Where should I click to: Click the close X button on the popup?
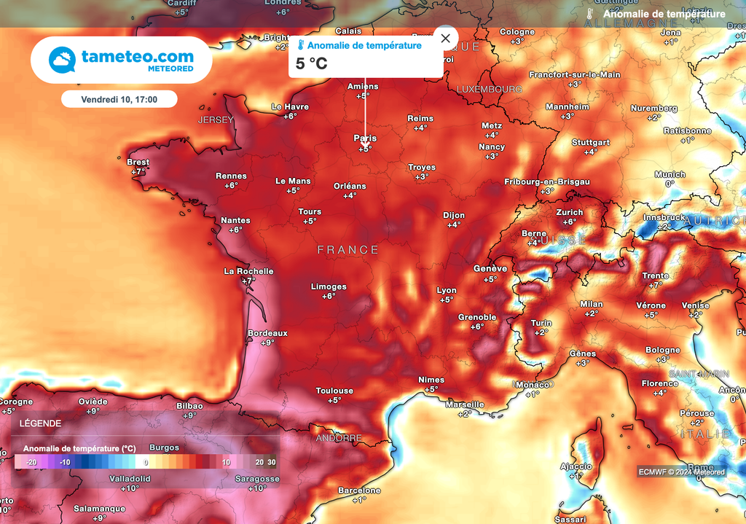click(445, 38)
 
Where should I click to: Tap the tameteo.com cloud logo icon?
click(63, 60)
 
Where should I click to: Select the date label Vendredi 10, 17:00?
click(119, 98)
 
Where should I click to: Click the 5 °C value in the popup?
click(312, 64)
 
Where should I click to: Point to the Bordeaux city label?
click(267, 333)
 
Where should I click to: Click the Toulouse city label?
click(334, 391)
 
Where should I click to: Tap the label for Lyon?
click(447, 290)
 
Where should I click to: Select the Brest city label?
click(138, 162)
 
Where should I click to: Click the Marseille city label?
click(464, 404)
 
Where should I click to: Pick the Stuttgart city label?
click(590, 142)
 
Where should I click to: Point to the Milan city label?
click(591, 304)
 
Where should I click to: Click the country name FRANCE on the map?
click(348, 250)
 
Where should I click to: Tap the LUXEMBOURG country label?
click(489, 89)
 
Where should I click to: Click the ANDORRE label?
click(339, 438)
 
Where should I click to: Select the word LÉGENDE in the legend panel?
click(40, 423)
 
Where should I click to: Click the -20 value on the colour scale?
click(31, 462)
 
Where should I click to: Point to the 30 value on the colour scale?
click(271, 462)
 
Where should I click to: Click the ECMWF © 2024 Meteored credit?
click(682, 472)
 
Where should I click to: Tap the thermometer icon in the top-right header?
click(590, 14)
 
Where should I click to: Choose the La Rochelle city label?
click(248, 271)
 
